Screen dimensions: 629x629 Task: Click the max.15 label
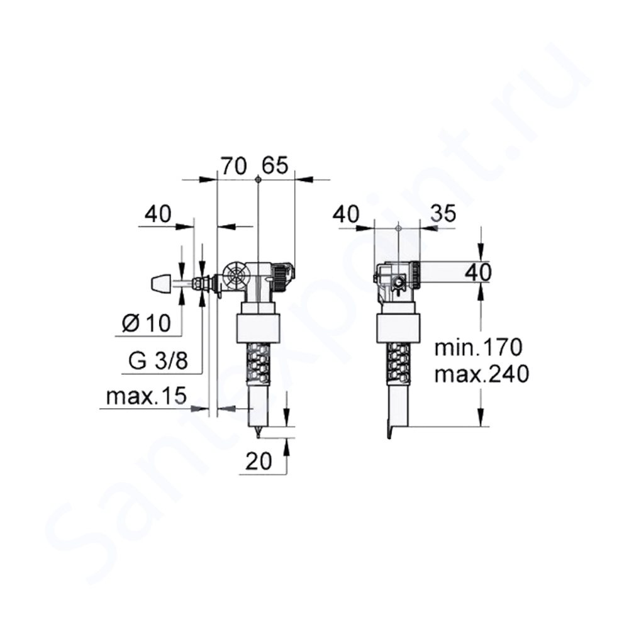coord(147,397)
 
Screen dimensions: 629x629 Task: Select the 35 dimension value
coord(443,214)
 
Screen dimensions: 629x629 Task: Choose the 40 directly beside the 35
coord(348,214)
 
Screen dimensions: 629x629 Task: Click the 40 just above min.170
coord(477,272)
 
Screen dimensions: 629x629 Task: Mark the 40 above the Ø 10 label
coord(157,214)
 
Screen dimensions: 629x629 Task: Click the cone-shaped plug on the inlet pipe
coord(162,284)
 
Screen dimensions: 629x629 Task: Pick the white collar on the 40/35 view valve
coord(396,328)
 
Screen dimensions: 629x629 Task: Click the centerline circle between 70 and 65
coord(259,180)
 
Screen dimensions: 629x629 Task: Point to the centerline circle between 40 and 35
coord(399,227)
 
